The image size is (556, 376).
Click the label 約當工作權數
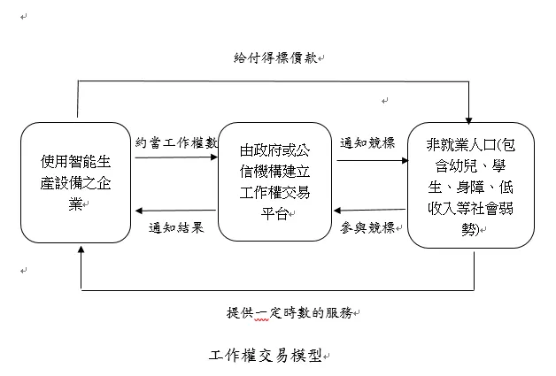177,142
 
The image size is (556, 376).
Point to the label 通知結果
177,226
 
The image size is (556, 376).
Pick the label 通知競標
367,142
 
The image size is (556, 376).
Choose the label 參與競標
367,226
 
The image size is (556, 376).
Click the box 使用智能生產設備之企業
78,183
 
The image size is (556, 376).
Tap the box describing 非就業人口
470,185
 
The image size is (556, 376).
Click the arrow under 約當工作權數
176,157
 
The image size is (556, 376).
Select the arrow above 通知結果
176,211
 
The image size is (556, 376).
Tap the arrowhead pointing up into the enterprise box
81,252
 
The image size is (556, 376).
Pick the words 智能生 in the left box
95,162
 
